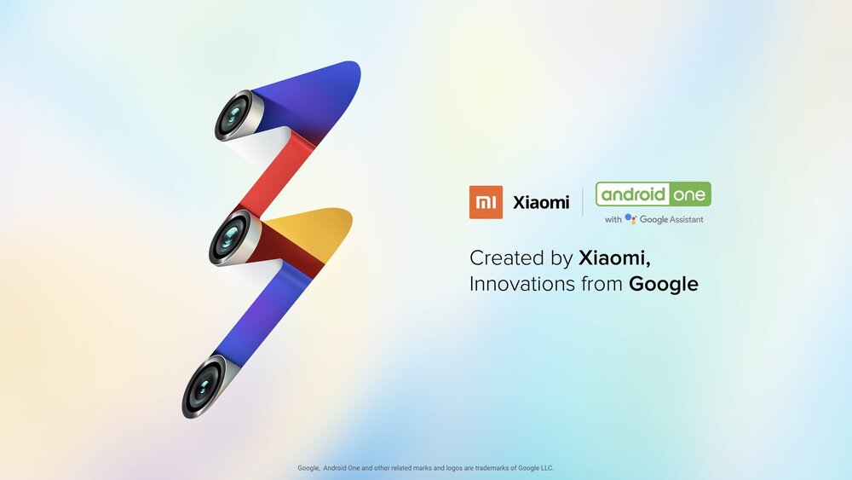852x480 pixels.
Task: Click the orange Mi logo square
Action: [486, 202]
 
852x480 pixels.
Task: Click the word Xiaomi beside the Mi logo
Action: [541, 203]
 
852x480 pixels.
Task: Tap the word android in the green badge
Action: [633, 194]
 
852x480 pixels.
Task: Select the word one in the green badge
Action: [689, 195]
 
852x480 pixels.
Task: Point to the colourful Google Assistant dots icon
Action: [630, 219]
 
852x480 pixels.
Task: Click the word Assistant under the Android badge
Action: [686, 220]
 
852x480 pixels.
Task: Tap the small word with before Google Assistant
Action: [613, 220]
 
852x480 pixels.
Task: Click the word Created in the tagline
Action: [506, 257]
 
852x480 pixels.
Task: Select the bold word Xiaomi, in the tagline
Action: [614, 258]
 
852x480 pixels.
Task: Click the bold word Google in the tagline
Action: [664, 284]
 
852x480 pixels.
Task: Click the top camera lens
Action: [233, 115]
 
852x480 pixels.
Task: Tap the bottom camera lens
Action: [204, 386]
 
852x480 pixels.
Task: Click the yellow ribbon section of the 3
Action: [315, 229]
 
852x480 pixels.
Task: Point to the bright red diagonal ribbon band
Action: [277, 173]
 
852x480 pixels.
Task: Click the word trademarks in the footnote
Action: [492, 468]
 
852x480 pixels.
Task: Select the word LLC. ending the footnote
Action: [547, 468]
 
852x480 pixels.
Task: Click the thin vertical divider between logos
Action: [583, 202]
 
